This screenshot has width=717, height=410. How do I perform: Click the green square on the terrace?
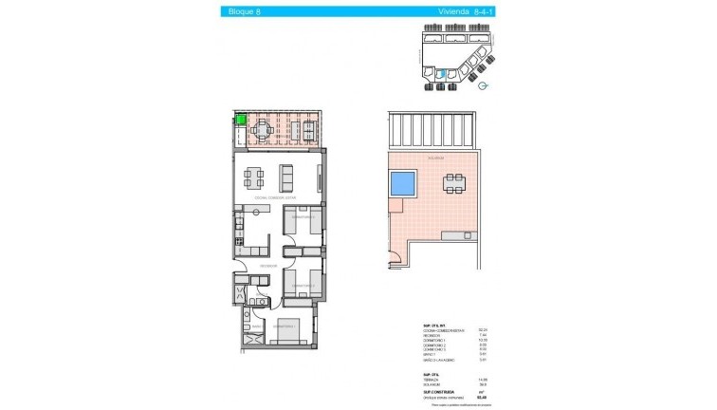click(x=241, y=120)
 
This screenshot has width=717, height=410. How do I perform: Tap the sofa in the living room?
click(x=285, y=176)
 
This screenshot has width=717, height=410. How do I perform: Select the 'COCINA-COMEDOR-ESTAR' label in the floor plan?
click(x=275, y=197)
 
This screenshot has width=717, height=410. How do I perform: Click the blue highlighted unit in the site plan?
click(x=438, y=71)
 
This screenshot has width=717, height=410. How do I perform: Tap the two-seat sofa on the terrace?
click(x=310, y=130)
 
